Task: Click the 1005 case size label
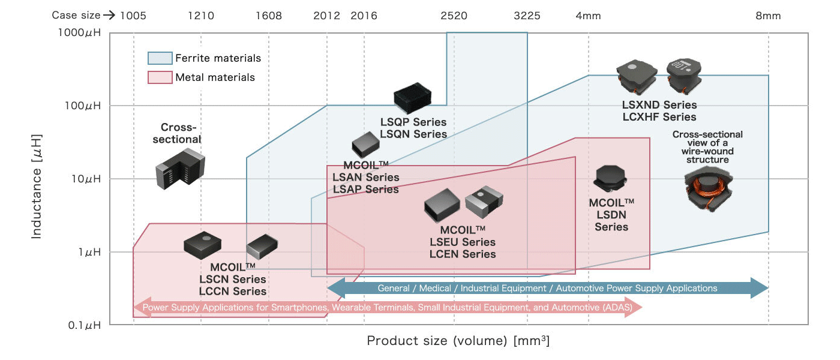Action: (133, 16)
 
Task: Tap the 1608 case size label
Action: (268, 16)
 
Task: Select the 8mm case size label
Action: (768, 16)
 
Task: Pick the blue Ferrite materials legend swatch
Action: (160, 58)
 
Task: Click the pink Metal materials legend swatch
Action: (160, 77)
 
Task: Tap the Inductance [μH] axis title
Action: (37, 186)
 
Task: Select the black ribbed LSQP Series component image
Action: (413, 98)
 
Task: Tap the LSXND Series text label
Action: (659, 106)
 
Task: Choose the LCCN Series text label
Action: (232, 292)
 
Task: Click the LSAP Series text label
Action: (365, 190)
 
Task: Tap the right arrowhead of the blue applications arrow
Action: (760, 288)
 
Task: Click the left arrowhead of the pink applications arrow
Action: (140, 307)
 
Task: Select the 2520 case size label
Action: (454, 16)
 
